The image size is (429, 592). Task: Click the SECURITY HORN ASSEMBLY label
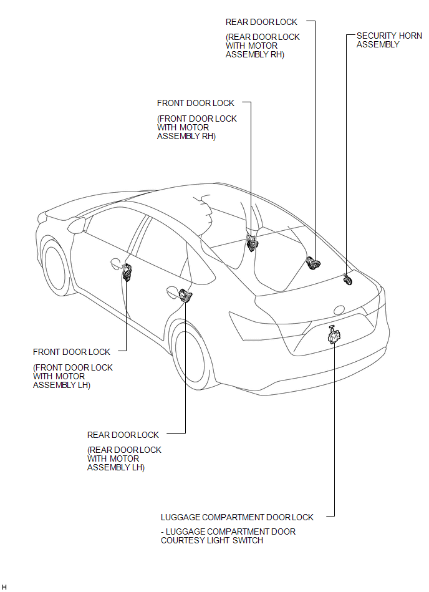[x=389, y=40]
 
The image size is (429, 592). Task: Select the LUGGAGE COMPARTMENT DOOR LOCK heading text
[x=237, y=517]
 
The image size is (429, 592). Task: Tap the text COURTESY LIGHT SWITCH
[x=211, y=540]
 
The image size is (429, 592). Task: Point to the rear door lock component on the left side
[x=185, y=295]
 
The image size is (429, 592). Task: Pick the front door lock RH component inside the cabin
[x=251, y=243]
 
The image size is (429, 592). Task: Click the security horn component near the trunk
[x=347, y=279]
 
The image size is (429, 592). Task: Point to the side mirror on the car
[x=77, y=225]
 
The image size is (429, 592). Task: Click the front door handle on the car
[x=115, y=263]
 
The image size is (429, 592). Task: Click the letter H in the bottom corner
[x=4, y=587]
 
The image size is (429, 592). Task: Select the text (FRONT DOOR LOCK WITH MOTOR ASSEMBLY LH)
[x=73, y=376]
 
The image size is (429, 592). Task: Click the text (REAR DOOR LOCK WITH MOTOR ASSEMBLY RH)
[x=263, y=46]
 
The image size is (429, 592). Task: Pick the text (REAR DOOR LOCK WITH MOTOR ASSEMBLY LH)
[x=124, y=459]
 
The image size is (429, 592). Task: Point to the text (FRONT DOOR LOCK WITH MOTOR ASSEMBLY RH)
[x=196, y=128]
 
